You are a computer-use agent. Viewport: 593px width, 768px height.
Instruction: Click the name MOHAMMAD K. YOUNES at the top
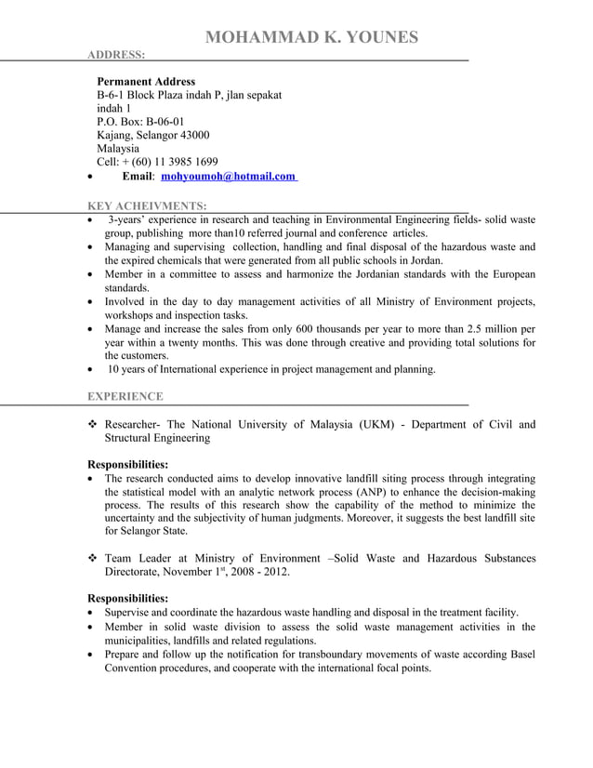311,37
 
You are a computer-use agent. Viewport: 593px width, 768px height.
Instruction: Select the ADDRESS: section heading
116,55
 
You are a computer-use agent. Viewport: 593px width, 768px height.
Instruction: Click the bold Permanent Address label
146,82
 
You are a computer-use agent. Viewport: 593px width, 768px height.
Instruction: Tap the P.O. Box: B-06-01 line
140,121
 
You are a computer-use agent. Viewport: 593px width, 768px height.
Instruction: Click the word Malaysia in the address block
118,148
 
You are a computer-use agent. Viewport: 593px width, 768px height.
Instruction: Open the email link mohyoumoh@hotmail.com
228,176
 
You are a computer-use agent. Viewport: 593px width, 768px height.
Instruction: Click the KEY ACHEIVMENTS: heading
147,205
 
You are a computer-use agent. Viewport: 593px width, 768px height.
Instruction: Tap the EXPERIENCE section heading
125,397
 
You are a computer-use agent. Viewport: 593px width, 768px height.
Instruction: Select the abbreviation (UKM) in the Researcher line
377,425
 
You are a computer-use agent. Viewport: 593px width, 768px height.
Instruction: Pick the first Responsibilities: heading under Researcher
127,464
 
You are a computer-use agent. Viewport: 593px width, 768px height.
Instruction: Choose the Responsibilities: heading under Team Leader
127,598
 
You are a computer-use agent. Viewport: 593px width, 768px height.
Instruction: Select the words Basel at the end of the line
519,654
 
